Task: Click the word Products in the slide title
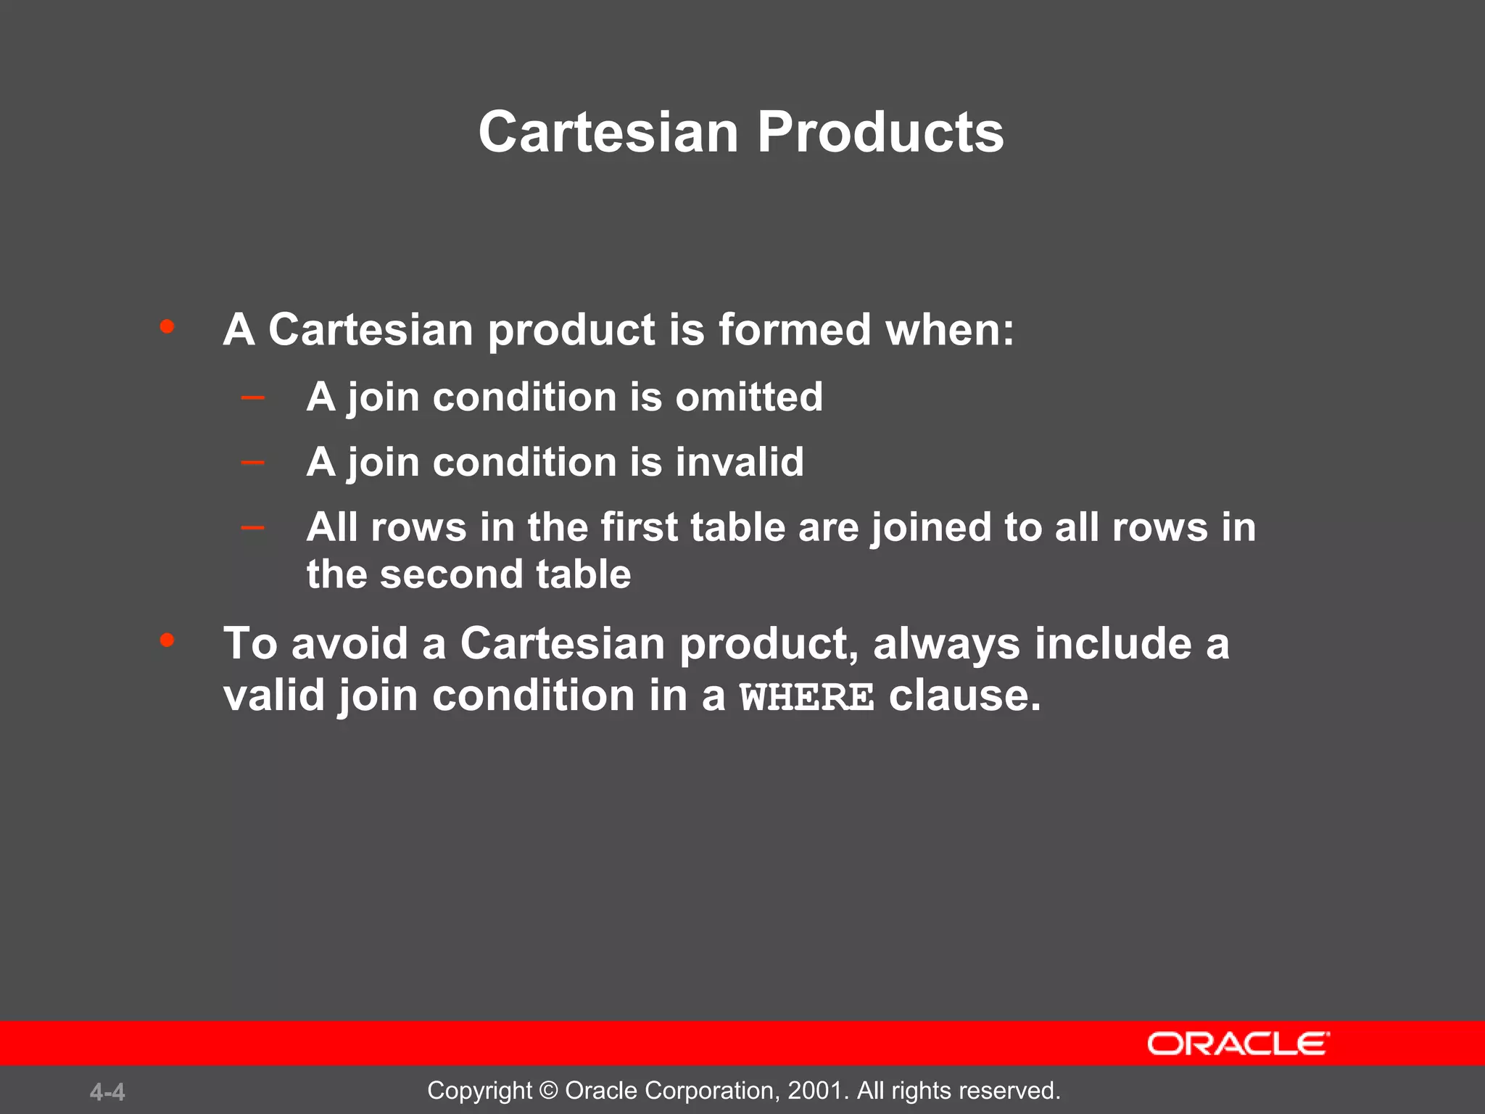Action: point(880,133)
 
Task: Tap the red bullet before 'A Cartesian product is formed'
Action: point(167,326)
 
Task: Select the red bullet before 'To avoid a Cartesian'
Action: point(167,640)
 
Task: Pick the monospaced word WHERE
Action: point(807,697)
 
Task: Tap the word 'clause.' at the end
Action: point(965,696)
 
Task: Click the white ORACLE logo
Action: point(1238,1044)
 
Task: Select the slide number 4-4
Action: point(107,1092)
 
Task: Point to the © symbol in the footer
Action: point(549,1091)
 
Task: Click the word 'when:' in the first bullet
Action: point(950,330)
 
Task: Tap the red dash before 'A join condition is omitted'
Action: point(252,397)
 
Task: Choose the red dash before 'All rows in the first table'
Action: point(252,527)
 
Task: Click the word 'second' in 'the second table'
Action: point(451,574)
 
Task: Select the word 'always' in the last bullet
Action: point(947,645)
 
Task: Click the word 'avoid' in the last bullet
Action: point(349,643)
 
